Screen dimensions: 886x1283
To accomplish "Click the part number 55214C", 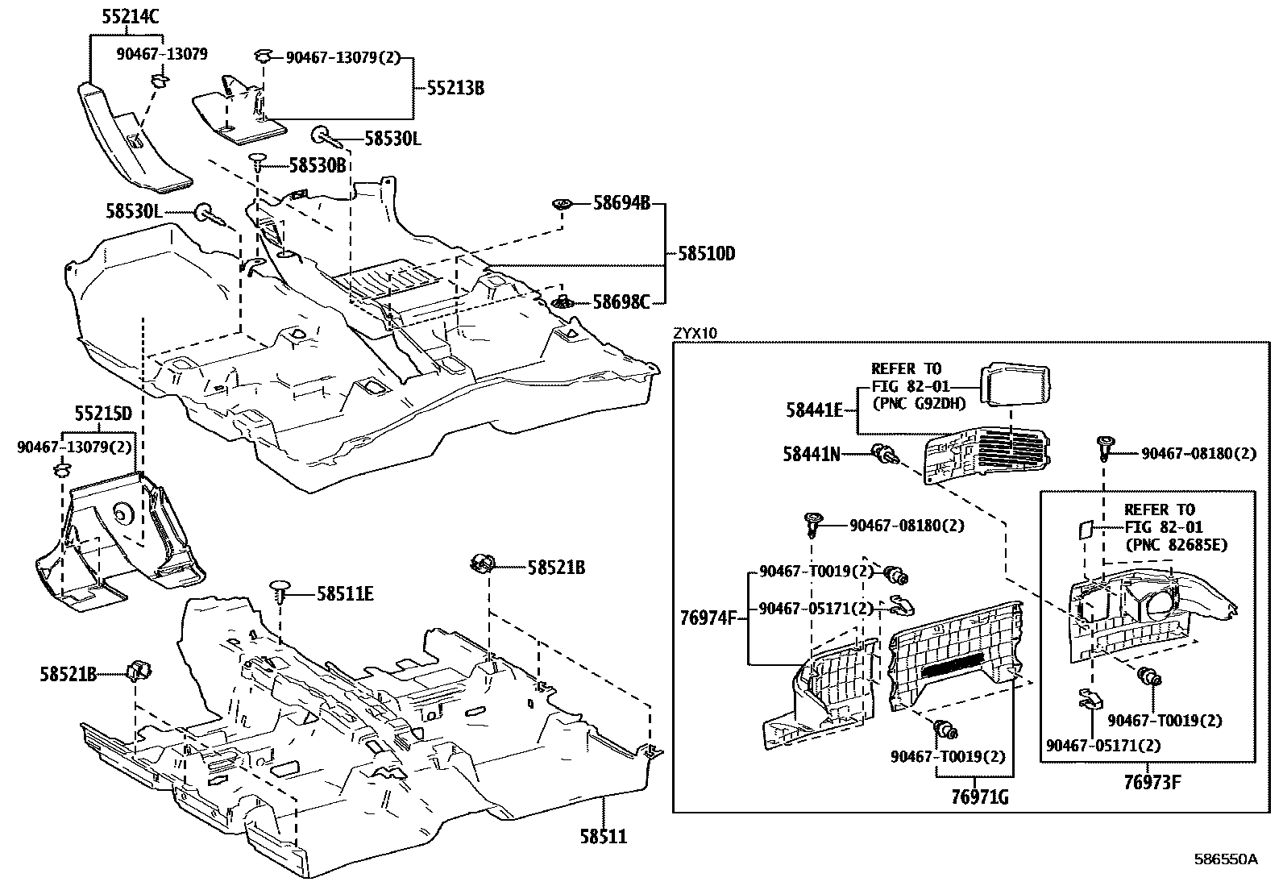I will pyautogui.click(x=131, y=15).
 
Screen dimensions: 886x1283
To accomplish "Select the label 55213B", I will pyautogui.click(x=455, y=88).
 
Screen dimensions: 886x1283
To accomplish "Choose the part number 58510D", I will pyautogui.click(x=707, y=254).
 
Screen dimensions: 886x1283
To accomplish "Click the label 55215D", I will pyautogui.click(x=102, y=414).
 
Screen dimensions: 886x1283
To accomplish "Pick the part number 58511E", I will pyautogui.click(x=345, y=594).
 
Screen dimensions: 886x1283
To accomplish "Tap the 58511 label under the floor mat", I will pyautogui.click(x=603, y=837).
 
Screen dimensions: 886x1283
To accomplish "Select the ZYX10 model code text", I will pyautogui.click(x=695, y=332).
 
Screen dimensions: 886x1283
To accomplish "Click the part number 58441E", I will pyautogui.click(x=814, y=410).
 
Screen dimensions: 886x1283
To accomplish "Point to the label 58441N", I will pyautogui.click(x=812, y=455).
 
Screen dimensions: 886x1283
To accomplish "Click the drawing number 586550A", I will pyautogui.click(x=1226, y=859).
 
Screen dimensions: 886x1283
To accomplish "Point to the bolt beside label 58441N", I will pyautogui.click(x=882, y=455).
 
